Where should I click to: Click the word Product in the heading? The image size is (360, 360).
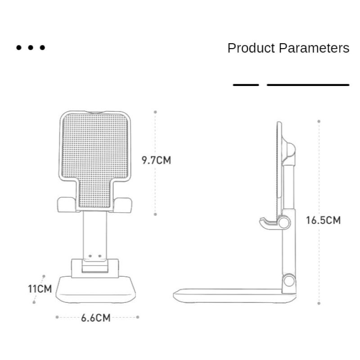251,48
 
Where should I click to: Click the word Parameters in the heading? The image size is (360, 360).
314,48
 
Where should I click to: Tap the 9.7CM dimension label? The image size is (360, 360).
157,160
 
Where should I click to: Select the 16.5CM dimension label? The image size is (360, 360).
323,220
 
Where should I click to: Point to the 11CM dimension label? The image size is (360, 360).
40,288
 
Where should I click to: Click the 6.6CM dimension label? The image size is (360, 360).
96,318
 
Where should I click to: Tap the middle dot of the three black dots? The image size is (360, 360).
31,47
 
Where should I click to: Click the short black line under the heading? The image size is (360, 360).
246,85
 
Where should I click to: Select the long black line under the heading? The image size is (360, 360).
308,85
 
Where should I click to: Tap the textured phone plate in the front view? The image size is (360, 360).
95,153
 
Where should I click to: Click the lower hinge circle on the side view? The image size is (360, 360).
288,281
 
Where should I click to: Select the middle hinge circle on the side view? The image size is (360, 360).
283,222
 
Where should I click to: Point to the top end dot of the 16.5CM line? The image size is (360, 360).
319,121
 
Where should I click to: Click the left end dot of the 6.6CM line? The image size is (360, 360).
57,317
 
